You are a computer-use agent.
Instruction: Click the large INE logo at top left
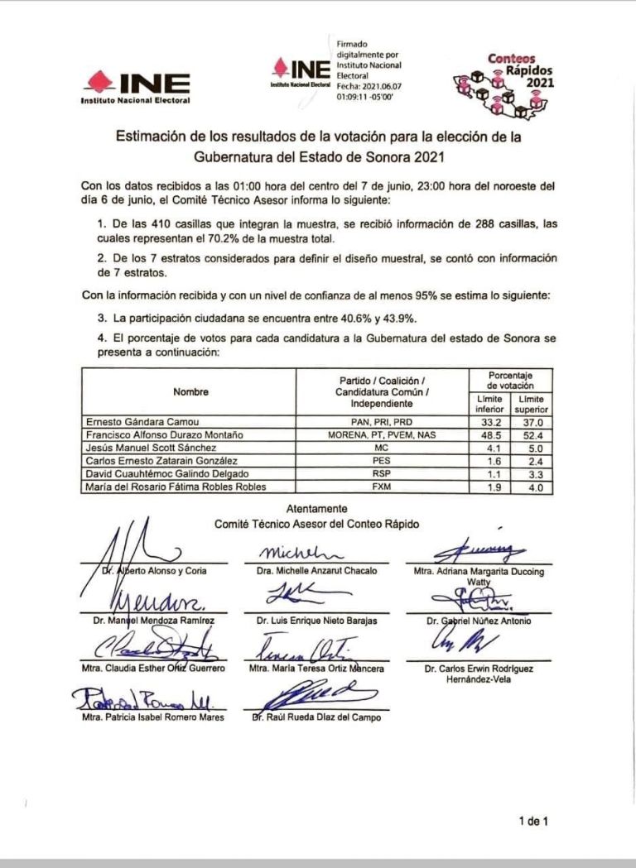click(136, 84)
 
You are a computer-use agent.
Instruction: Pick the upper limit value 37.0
click(532, 420)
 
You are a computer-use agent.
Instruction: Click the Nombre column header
click(190, 391)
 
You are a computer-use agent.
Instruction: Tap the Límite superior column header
click(532, 404)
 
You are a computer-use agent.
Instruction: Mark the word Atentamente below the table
click(316, 509)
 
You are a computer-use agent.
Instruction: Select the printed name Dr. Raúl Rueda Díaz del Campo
click(317, 717)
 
